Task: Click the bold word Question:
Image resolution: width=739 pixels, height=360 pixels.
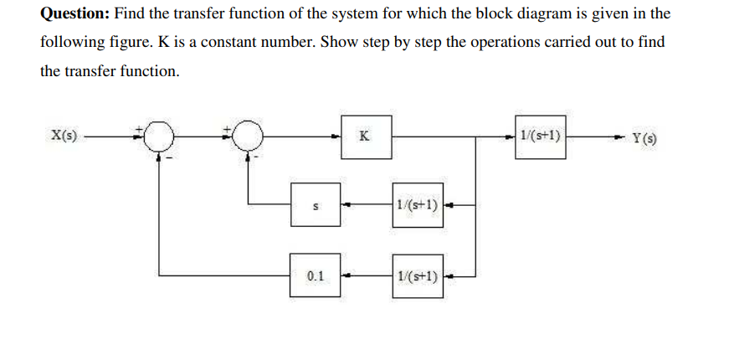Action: pyautogui.click(x=74, y=15)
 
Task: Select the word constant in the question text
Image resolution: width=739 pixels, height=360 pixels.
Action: pyautogui.click(x=270, y=43)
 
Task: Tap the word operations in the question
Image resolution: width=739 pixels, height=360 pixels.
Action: pyautogui.click(x=477, y=43)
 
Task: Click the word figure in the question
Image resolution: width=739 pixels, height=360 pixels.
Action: pyautogui.click(x=123, y=43)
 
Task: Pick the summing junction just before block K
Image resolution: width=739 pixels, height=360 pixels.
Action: pyautogui.click(x=247, y=136)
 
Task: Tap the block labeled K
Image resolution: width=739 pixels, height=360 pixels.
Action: pyautogui.click(x=366, y=135)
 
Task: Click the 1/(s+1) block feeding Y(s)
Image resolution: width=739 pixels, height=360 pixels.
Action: pyautogui.click(x=541, y=134)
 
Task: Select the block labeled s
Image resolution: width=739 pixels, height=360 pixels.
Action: pyautogui.click(x=316, y=204)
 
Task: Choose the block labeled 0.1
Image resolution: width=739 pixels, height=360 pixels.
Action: pyautogui.click(x=316, y=274)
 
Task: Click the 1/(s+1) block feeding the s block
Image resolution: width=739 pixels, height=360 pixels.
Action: pyautogui.click(x=417, y=203)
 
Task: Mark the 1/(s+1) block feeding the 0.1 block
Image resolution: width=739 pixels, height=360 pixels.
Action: pyautogui.click(x=417, y=275)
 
